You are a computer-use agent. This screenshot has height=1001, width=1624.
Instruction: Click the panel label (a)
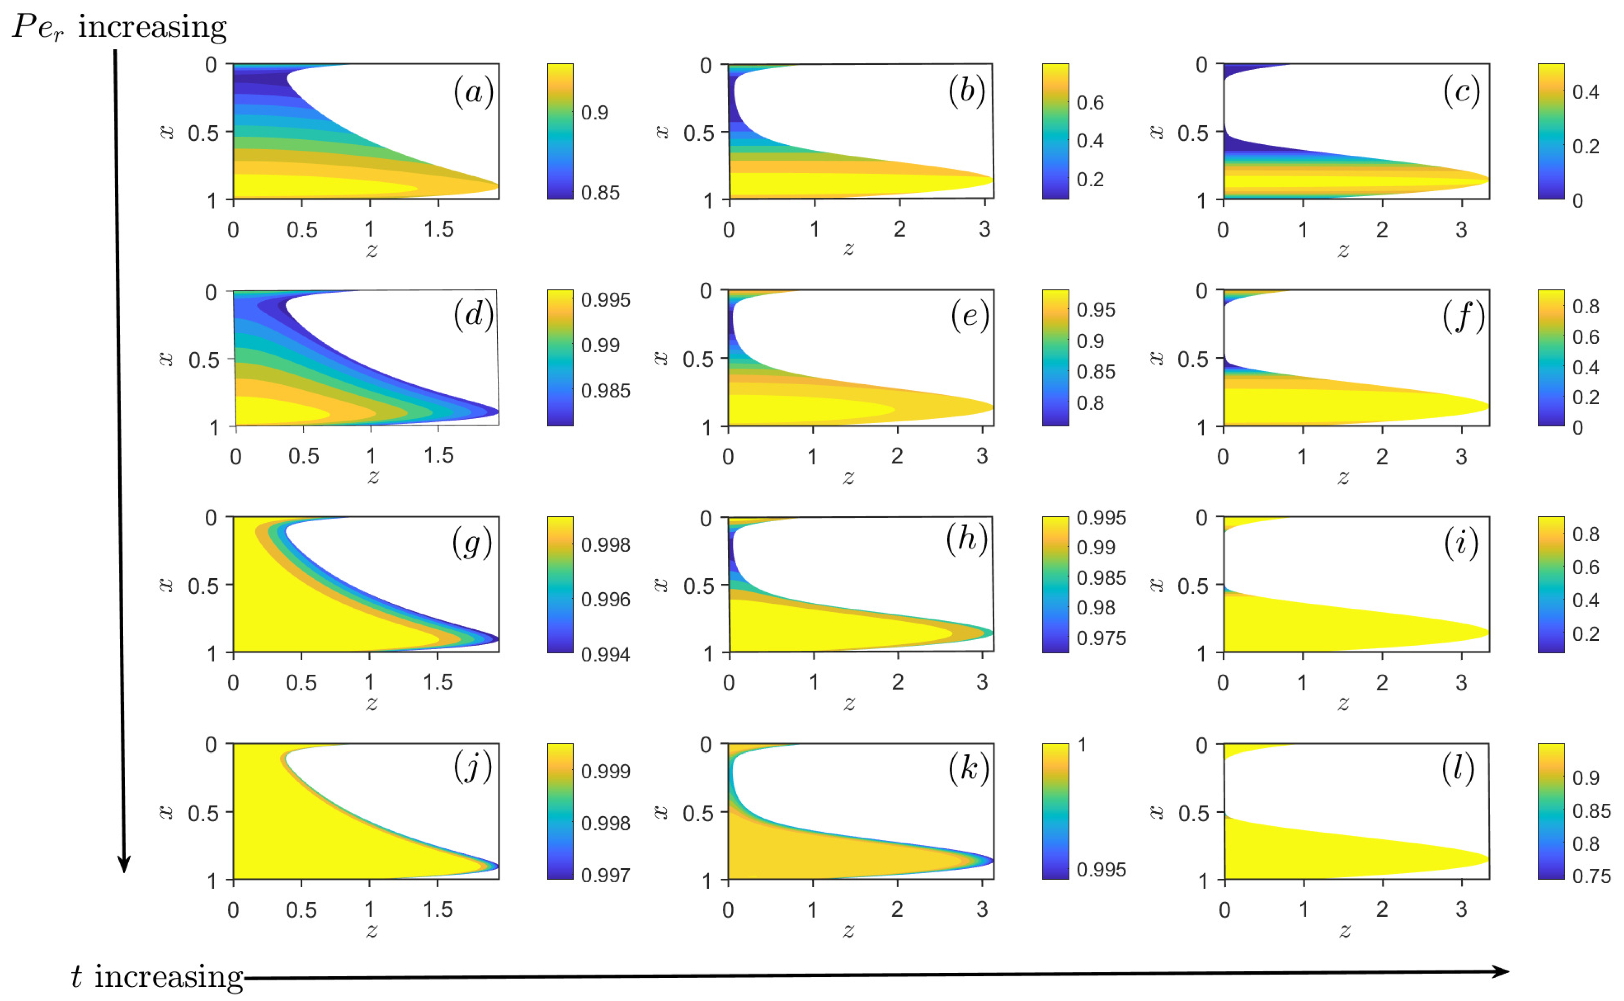pyautogui.click(x=473, y=92)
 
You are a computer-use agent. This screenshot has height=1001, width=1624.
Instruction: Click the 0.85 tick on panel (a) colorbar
pyautogui.click(x=600, y=193)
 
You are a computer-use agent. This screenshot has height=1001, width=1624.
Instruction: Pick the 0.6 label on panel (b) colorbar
pyautogui.click(x=1090, y=103)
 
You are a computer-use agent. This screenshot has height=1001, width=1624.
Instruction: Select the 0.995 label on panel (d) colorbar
pyautogui.click(x=605, y=300)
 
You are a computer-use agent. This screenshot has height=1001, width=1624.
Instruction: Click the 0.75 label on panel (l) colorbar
pyautogui.click(x=1591, y=876)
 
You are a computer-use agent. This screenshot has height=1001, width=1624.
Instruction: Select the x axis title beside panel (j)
pyautogui.click(x=166, y=812)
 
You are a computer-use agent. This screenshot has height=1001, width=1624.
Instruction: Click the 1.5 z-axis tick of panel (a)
pyautogui.click(x=438, y=230)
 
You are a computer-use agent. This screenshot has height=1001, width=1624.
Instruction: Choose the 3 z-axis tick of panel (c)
pyautogui.click(x=1461, y=230)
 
